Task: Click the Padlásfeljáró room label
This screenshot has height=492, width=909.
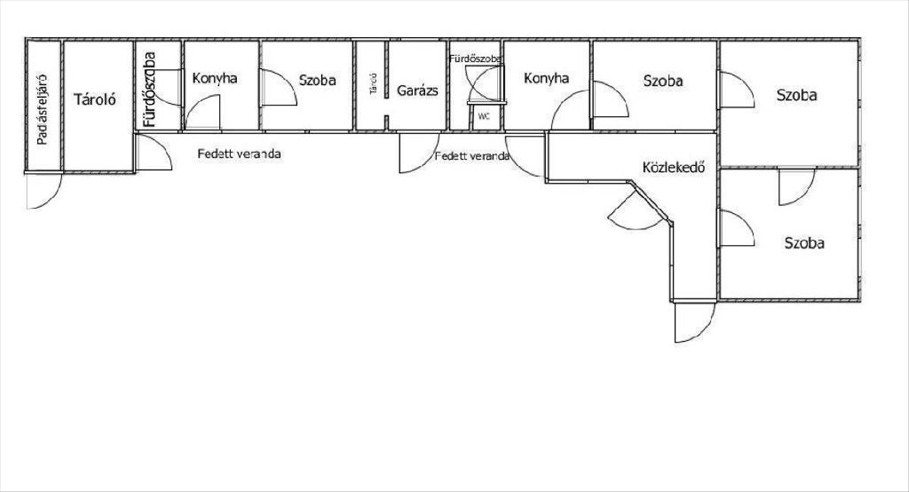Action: pos(42,110)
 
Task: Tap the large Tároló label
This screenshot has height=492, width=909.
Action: pos(95,99)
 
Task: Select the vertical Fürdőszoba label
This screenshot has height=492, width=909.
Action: pos(150,89)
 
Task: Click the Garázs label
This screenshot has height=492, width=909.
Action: pos(417,91)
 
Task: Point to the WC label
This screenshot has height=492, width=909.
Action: pos(484,117)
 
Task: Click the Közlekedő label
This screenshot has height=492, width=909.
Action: pos(673,167)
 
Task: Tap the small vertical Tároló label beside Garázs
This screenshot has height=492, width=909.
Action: pos(373,84)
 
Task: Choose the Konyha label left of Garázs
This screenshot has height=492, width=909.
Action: pos(214,78)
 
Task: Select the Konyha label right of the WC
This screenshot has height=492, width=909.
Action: pos(546,78)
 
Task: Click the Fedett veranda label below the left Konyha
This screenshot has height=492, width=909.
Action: pos(239,154)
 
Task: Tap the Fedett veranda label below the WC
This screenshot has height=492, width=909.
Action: pos(471,156)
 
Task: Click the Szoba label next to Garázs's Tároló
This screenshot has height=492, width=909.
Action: pos(317,80)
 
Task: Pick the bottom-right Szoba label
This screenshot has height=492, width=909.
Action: pos(804,243)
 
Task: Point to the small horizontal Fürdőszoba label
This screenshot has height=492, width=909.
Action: pos(476,59)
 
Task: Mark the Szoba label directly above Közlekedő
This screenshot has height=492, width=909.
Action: pos(663,81)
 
